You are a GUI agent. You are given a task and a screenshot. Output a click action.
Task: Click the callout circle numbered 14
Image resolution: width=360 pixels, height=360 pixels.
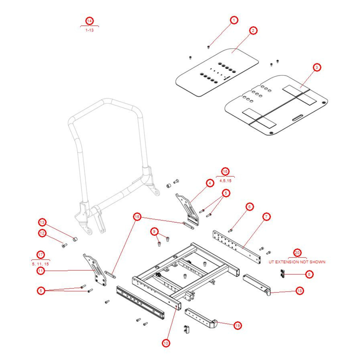pos(89,21)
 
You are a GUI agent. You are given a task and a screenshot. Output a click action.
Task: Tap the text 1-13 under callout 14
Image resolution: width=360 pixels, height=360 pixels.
pos(89,30)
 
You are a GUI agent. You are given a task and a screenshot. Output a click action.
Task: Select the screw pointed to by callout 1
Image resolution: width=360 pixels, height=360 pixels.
pos(208,47)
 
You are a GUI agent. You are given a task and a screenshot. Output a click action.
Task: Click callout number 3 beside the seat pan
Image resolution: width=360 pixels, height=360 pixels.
pos(316,67)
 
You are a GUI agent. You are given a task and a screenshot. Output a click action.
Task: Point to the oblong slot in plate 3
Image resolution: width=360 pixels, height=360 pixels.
pos(297,118)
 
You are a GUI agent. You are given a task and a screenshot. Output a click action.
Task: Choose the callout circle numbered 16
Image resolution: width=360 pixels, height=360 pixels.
pos(225,172)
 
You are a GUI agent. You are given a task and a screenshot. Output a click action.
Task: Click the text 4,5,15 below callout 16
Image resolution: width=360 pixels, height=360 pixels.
pos(225,181)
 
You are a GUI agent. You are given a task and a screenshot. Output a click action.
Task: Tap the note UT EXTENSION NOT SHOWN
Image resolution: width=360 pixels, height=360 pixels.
pos(297,262)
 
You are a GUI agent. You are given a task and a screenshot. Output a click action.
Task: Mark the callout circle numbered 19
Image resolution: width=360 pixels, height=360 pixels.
pos(237,325)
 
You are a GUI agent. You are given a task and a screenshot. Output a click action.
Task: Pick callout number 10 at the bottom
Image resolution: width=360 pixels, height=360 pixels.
pos(166,343)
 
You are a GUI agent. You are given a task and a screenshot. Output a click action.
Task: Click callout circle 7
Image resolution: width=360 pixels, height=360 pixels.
pos(266,217)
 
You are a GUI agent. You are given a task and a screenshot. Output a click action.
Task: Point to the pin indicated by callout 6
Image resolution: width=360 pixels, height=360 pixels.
pos(230,230)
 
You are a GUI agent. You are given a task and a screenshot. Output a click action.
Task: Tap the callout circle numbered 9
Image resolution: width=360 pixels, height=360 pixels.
pos(154,231)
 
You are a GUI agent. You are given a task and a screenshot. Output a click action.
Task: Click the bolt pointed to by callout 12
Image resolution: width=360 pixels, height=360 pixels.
pos(64,246)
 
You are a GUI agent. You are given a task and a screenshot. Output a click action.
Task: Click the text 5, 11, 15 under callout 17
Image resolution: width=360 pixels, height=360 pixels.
pos(40,264)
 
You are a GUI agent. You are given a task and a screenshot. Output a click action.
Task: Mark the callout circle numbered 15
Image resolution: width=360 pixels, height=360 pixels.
pos(137,217)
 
